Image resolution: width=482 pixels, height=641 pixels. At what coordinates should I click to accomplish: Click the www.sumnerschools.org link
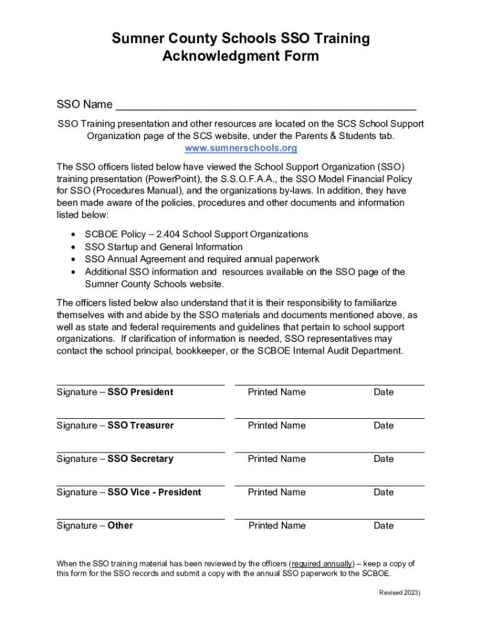coord(240,148)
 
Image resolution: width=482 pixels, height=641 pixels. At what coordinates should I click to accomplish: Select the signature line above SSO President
coord(140,385)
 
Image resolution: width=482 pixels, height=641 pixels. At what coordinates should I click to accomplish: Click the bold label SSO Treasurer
coord(141,426)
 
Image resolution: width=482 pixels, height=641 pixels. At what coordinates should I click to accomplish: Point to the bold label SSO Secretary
coord(140,459)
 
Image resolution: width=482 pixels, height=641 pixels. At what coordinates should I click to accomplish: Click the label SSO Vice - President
coord(154,493)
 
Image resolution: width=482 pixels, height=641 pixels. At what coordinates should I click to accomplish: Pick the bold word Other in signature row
coord(120,526)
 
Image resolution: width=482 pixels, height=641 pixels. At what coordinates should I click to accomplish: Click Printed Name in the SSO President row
coord(277,392)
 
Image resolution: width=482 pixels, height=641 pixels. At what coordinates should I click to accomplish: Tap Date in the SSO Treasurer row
coord(384,426)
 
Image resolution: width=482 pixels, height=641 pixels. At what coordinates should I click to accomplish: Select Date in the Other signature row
coord(384,526)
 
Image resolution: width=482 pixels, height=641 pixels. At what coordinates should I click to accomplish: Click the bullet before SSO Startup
coord(74,247)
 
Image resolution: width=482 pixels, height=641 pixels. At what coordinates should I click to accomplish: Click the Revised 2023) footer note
coord(399,593)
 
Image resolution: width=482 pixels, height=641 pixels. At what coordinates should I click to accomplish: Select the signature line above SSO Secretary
coord(140,452)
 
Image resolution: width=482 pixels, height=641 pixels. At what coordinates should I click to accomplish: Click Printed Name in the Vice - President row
coord(277,493)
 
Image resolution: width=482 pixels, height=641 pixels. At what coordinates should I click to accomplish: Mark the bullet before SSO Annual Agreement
coord(74,259)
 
